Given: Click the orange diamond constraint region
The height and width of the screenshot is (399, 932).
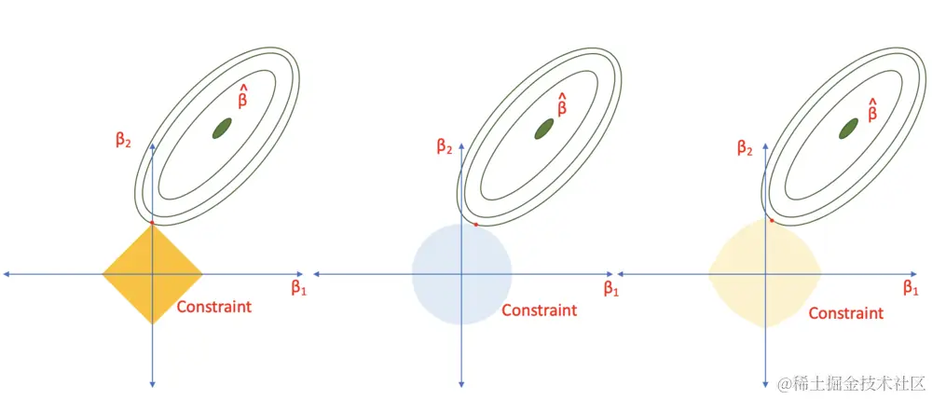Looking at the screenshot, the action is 153,273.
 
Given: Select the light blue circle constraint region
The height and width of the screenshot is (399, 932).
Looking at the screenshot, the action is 462,274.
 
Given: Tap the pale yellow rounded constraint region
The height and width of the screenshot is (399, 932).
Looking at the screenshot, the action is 765,273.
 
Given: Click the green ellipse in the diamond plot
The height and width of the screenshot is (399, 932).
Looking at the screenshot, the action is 223,128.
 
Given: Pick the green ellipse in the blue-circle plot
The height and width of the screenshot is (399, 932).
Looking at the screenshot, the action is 544,129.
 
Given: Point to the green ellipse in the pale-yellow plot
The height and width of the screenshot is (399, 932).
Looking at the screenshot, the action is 848,129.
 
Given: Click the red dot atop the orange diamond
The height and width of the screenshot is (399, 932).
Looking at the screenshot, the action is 152,223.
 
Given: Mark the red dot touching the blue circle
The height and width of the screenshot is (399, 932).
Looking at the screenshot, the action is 476,224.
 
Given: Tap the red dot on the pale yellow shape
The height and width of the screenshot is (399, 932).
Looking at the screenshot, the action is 772,221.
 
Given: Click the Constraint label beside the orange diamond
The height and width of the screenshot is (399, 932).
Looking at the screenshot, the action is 214,307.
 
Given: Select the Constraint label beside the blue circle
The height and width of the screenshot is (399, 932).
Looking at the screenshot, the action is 539,310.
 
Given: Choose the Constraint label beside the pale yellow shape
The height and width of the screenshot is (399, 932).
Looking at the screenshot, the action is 846,313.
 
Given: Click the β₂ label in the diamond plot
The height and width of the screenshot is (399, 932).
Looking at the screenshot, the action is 123,142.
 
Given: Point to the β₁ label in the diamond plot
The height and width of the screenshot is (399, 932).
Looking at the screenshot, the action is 298,288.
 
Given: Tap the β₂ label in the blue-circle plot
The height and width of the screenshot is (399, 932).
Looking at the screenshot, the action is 445,146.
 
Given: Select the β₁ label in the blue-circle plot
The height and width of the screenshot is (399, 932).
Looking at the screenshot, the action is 611,289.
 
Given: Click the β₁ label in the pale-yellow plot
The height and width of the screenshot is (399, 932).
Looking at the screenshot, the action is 911,288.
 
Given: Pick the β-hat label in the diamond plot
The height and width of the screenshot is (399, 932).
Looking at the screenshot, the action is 242,96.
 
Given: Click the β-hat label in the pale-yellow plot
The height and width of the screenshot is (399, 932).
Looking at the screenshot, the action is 872,109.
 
